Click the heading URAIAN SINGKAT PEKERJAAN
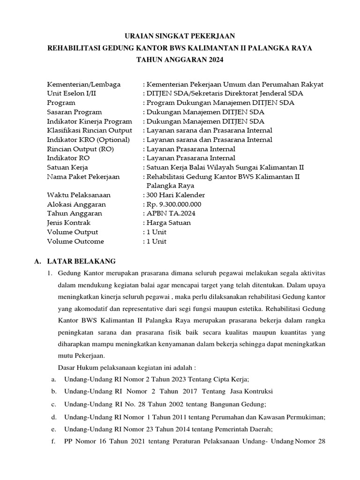pyautogui.click(x=180, y=36)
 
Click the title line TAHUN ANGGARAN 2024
pyautogui.click(x=180, y=60)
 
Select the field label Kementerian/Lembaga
pyautogui.click(x=84, y=84)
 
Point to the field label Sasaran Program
pyautogui.click(x=75, y=112)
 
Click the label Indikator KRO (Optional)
pyautogui.click(x=88, y=140)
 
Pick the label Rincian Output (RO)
pyautogui.click(x=81, y=149)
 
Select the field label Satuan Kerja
pyautogui.click(x=67, y=167)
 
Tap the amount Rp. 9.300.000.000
pyautogui.click(x=174, y=204)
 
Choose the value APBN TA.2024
pyautogui.click(x=171, y=214)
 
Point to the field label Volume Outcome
pyautogui.click(x=75, y=241)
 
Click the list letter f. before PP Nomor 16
pyautogui.click(x=54, y=442)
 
